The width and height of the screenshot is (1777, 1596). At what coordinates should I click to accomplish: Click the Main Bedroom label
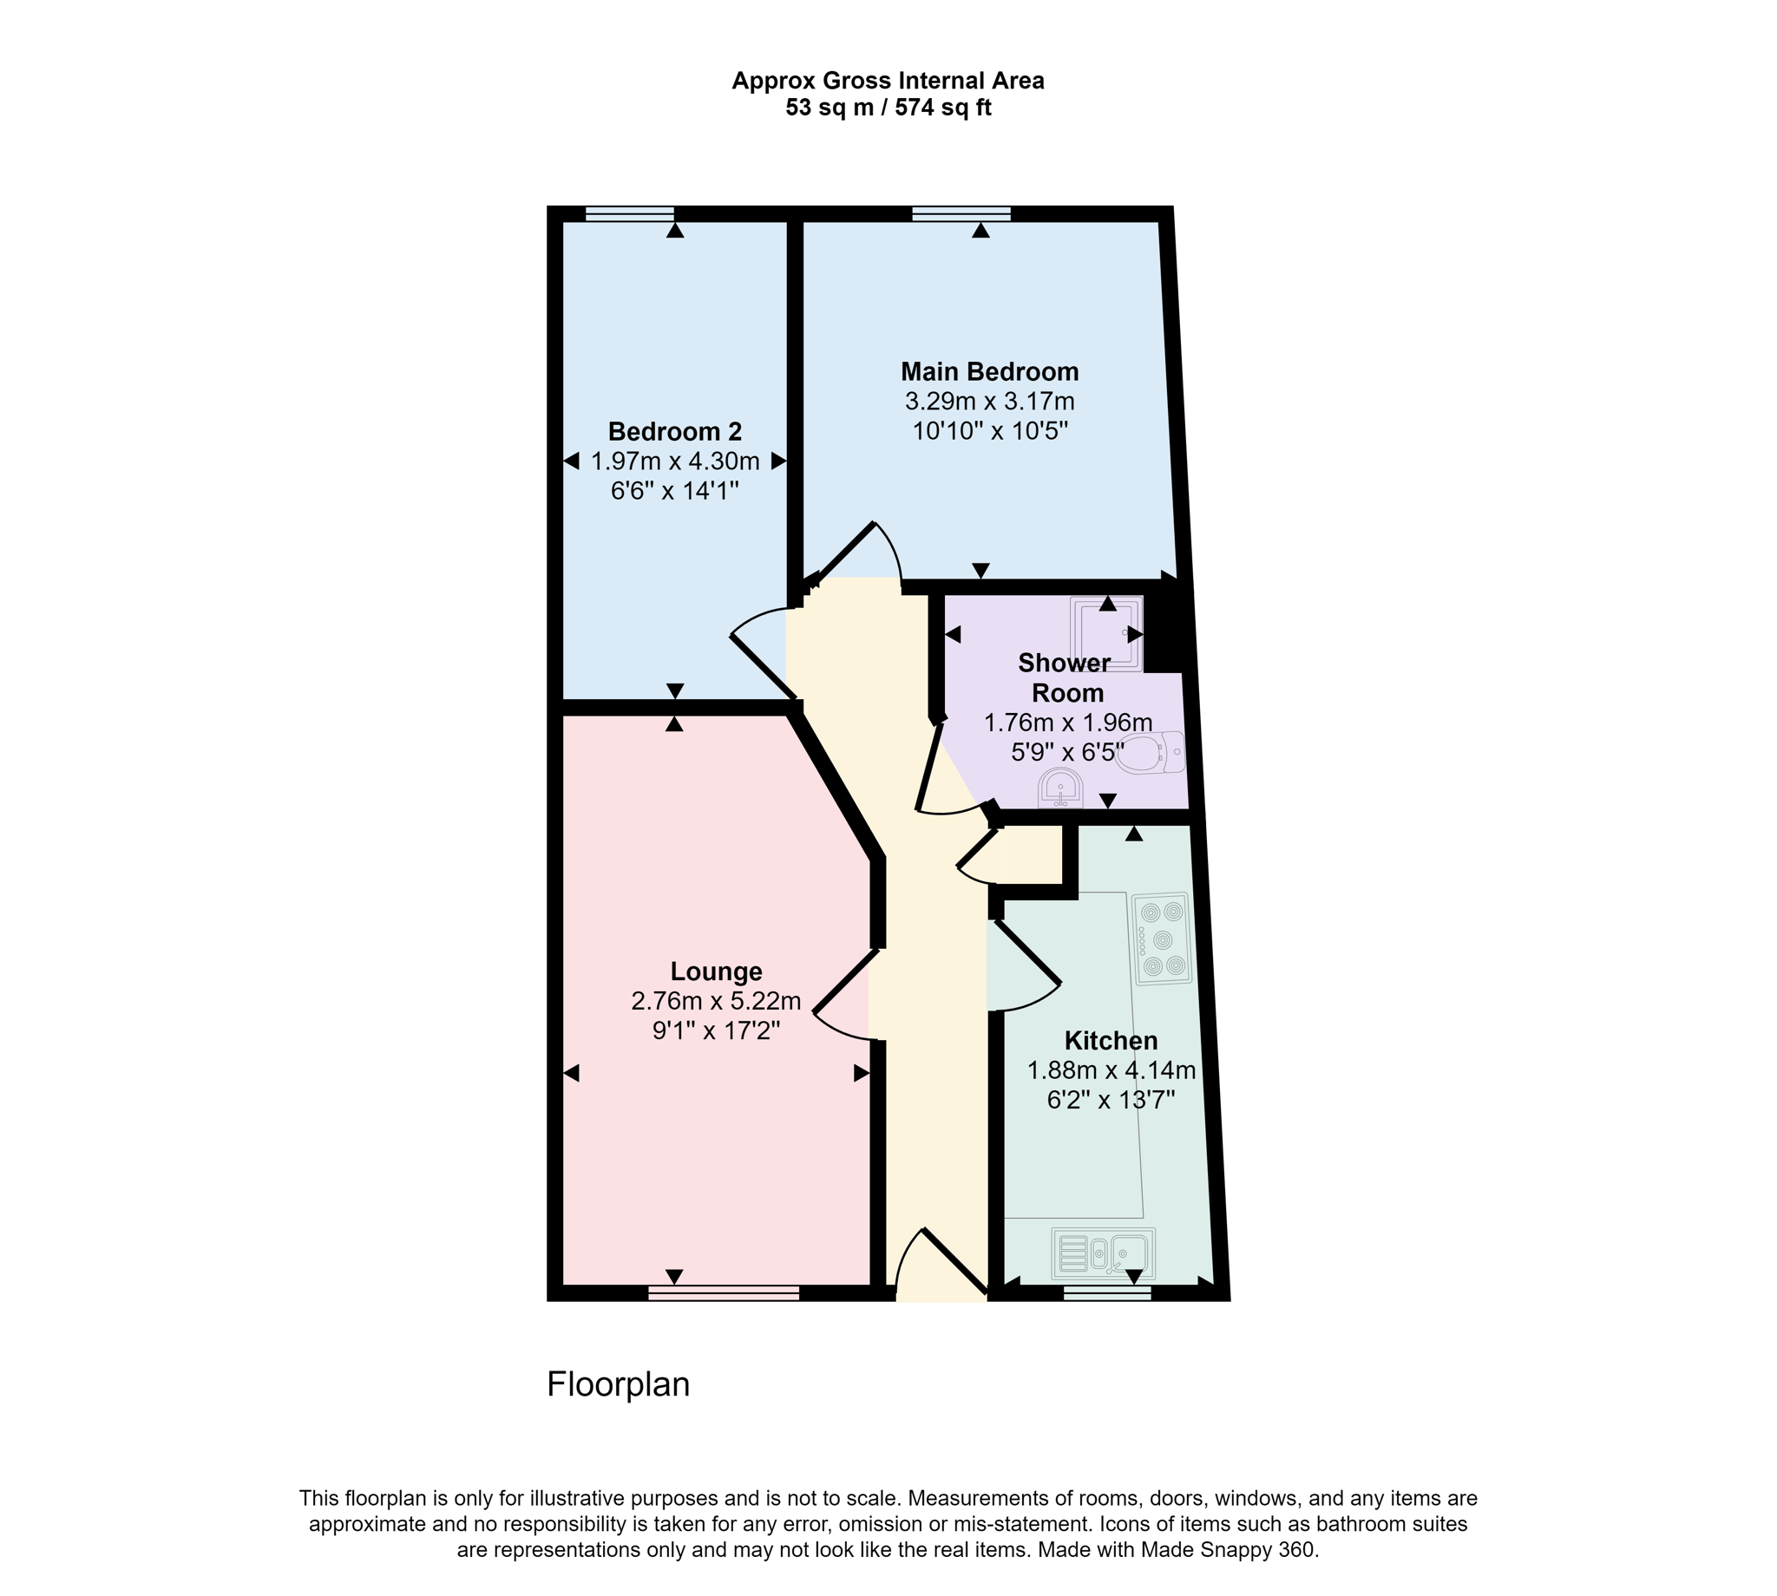point(988,372)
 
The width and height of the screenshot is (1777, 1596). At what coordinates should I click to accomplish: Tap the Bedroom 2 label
point(674,431)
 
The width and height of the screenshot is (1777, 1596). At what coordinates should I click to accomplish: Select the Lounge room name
point(716,971)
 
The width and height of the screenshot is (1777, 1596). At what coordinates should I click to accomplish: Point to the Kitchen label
point(1111,1041)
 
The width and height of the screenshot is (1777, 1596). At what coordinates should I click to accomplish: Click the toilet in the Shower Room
point(1151,752)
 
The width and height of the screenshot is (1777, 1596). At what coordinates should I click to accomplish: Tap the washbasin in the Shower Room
point(1059,788)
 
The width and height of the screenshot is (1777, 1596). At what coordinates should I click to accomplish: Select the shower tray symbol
point(1106,633)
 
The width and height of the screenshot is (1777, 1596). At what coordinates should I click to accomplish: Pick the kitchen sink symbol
point(1103,1253)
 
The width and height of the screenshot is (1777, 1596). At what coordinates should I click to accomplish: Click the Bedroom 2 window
point(629,213)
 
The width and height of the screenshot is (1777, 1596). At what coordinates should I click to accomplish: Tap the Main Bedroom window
point(961,213)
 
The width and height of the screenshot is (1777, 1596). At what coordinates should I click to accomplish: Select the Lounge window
point(724,1292)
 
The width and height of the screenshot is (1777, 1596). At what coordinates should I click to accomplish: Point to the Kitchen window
point(1107,1292)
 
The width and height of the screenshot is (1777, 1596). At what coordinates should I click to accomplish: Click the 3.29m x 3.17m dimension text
point(989,402)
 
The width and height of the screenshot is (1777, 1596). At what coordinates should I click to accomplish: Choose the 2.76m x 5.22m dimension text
point(716,1001)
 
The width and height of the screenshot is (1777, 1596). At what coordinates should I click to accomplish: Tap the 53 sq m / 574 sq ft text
point(888,108)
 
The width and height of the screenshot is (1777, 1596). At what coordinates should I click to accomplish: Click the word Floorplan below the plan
point(619,1383)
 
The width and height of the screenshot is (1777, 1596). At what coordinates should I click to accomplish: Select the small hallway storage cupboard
point(1032,854)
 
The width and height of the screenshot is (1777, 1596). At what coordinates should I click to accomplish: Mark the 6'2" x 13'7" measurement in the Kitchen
point(1111,1100)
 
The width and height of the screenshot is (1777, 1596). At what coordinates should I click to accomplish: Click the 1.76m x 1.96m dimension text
point(1067,723)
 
